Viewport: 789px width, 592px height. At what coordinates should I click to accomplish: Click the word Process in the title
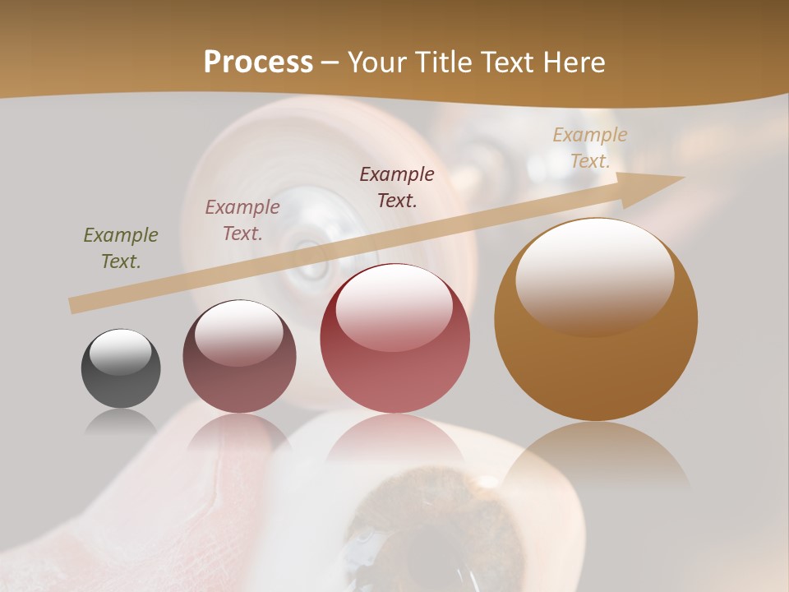(x=258, y=62)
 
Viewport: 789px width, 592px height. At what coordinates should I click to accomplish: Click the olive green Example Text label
(x=121, y=248)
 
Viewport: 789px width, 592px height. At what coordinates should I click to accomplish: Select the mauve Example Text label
(x=242, y=220)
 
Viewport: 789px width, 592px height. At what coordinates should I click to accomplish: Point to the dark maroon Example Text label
(x=397, y=187)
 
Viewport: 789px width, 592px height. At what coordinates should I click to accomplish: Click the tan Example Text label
(x=590, y=148)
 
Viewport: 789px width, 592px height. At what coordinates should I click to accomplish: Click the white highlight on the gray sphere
(x=121, y=352)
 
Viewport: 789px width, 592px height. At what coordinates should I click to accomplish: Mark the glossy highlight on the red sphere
(x=394, y=306)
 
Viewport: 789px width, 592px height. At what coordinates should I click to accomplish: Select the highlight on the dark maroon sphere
(x=238, y=331)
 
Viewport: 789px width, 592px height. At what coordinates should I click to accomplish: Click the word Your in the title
(x=376, y=62)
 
